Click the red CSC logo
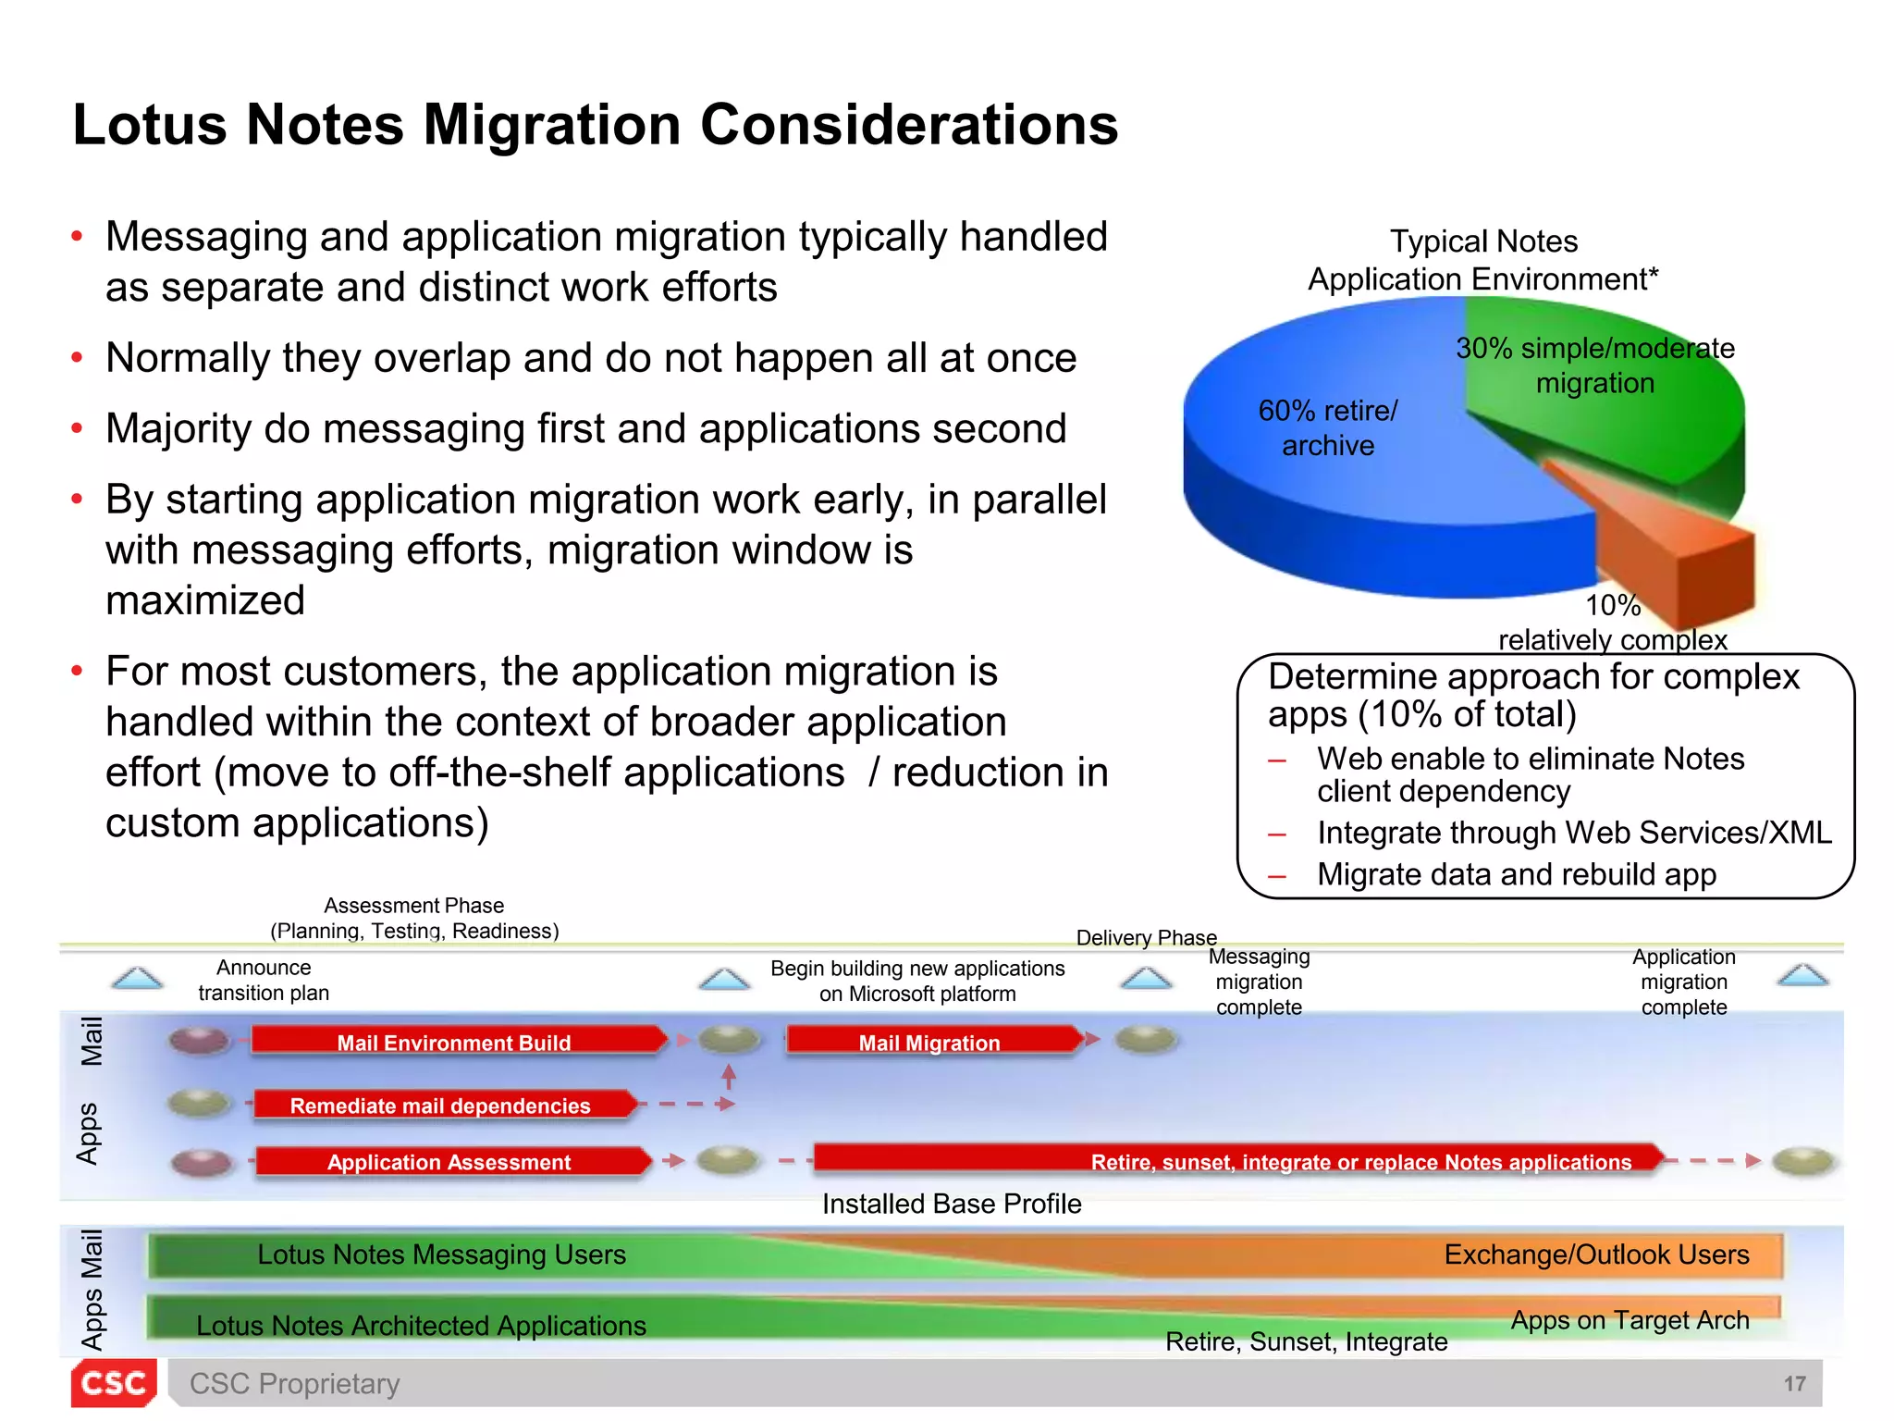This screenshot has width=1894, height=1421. click(x=113, y=1383)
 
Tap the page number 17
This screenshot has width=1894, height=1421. click(x=1794, y=1384)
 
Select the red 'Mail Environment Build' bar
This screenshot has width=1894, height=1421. click(x=455, y=1042)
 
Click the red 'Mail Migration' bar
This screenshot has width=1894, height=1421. click(x=929, y=1042)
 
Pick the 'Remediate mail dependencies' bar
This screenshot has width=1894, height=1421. click(x=441, y=1105)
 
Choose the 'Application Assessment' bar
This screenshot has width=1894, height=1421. click(x=449, y=1161)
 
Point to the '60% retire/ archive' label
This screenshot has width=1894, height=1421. click(x=1328, y=427)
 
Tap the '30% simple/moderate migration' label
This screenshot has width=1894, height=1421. click(x=1595, y=365)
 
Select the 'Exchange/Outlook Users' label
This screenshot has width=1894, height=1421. click(x=1596, y=1254)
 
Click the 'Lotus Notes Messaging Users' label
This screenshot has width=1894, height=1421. click(x=441, y=1254)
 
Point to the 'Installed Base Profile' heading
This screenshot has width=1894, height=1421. click(x=952, y=1204)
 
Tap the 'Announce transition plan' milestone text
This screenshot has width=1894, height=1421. click(x=264, y=980)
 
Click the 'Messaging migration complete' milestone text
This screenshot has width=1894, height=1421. click(x=1259, y=982)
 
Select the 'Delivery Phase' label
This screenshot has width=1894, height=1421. click(x=1146, y=937)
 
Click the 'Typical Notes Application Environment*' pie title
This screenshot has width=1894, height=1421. click(x=1483, y=260)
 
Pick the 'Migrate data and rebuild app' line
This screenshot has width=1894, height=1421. click(x=1517, y=874)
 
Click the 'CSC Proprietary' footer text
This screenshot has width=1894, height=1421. click(x=294, y=1384)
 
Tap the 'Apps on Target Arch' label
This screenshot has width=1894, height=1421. click(x=1630, y=1320)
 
